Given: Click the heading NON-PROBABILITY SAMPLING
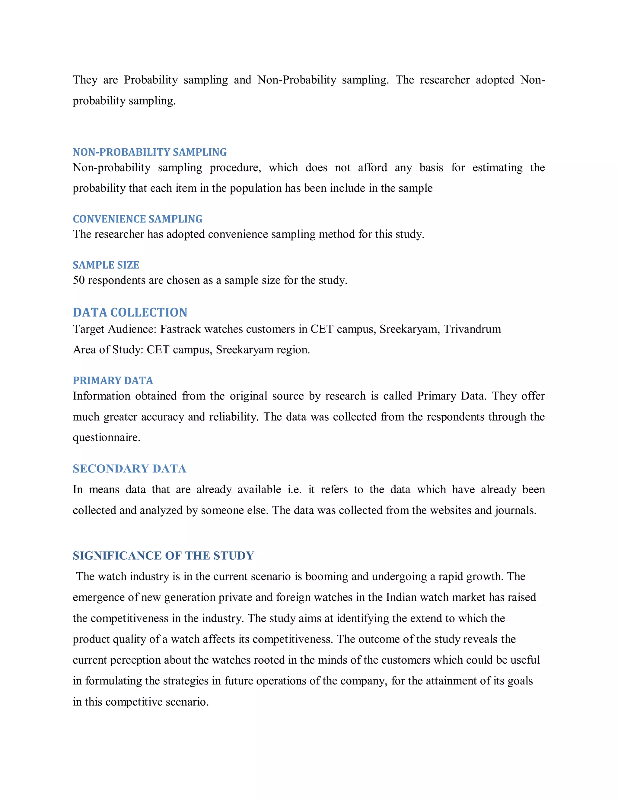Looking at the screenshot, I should (x=149, y=152).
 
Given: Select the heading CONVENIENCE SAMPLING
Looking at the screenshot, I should (x=137, y=219).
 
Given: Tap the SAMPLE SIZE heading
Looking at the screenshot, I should (x=106, y=265).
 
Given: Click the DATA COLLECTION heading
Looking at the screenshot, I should (x=130, y=313).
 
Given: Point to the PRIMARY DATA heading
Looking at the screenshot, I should (x=113, y=381).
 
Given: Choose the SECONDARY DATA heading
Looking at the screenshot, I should (x=129, y=469).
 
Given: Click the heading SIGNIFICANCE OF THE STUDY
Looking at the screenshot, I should (x=163, y=556).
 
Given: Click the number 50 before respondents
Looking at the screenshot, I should (x=79, y=281).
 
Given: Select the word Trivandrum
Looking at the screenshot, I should (x=472, y=329).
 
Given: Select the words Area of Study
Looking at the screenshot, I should (x=107, y=350).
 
